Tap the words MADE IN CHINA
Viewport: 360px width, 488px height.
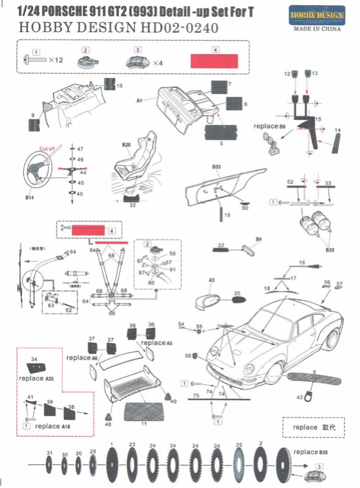click(317, 29)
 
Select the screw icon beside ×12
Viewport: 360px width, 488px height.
click(36, 60)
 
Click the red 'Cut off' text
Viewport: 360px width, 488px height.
click(49, 149)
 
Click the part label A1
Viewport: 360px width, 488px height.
click(139, 99)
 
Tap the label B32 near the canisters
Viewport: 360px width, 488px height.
click(330, 249)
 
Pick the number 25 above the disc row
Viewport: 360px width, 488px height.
click(239, 445)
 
